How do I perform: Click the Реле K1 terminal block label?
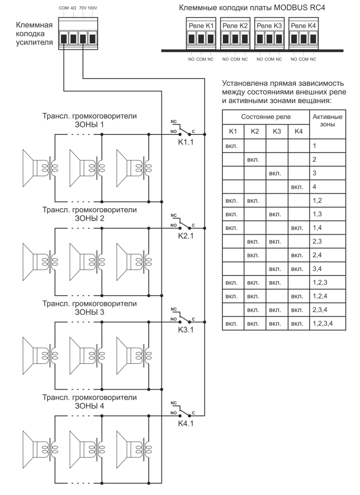coord(200,26)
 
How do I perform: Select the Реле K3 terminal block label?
coord(269,26)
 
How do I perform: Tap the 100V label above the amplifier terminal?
coord(93,7)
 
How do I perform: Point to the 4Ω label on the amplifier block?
coord(73,7)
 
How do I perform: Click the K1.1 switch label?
coord(185,142)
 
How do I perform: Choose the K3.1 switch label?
coord(185,330)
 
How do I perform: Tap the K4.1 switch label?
coord(185,423)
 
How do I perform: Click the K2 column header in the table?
coord(255,131)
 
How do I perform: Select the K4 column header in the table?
coord(299,131)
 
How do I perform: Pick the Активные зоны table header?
coord(327,120)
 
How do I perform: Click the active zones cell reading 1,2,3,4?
coord(323,323)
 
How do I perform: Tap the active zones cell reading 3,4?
coord(317,269)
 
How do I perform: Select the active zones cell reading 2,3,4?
coord(320,310)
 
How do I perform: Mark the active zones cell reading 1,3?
coord(317,214)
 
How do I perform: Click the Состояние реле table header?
coord(266,117)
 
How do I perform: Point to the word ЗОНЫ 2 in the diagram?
coord(89,219)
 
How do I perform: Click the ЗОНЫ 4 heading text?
coord(89,406)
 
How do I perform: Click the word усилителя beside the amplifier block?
coord(34,42)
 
